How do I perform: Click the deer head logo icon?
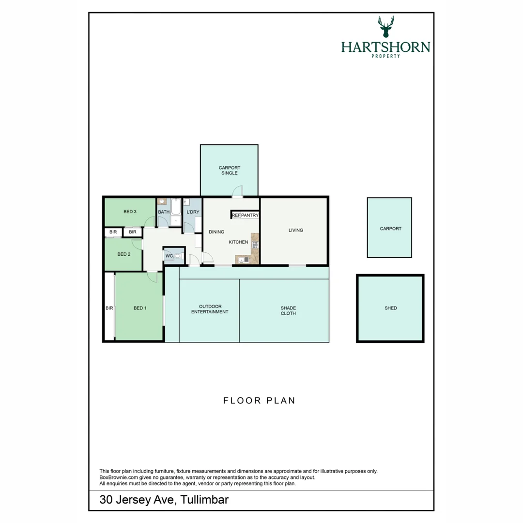pos(386,27)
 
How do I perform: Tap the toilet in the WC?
pos(178,256)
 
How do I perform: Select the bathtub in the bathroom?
pos(176,207)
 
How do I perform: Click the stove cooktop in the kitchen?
pos(255,245)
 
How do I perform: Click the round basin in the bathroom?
pos(162,201)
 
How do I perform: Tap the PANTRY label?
pos(250,215)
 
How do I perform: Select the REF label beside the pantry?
pos(236,215)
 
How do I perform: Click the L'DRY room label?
pos(193,212)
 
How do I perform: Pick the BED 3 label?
pos(130,212)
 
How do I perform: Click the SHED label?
pos(391,308)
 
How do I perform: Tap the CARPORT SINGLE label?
pos(230,170)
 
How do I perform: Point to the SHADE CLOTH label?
pos(288,311)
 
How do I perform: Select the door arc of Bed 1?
pos(153,277)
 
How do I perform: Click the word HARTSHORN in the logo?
pos(385,47)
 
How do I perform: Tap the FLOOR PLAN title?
pos(259,400)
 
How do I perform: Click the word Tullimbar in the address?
pos(204,500)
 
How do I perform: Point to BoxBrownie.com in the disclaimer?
pos(119,477)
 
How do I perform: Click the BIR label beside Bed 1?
pos(109,308)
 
